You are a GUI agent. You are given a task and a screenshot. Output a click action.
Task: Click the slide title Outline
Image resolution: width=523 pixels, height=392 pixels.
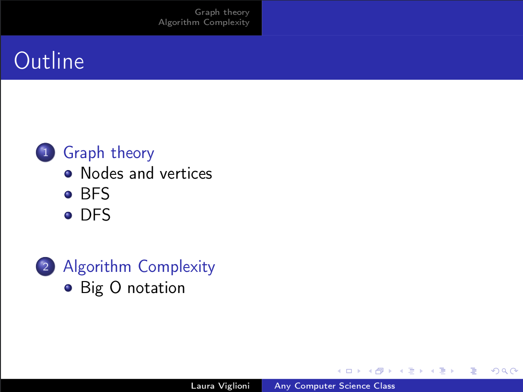[x=49, y=61]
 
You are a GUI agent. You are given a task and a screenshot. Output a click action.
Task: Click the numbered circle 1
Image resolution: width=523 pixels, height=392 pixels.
[x=46, y=152]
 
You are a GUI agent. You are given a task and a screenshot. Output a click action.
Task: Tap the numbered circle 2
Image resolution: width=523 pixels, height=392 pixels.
[x=46, y=266]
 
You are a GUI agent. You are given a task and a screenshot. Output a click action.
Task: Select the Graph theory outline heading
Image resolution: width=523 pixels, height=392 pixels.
[x=109, y=153]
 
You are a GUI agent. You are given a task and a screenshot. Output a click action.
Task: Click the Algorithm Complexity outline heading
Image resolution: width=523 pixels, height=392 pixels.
[x=139, y=267]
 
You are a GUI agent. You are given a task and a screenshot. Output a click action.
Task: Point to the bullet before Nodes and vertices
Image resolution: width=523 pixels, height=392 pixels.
[x=68, y=173]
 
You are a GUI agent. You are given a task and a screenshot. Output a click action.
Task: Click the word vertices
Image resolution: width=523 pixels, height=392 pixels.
[x=186, y=173]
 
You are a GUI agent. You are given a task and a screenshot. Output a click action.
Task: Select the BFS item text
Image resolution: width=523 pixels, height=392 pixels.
[x=95, y=194]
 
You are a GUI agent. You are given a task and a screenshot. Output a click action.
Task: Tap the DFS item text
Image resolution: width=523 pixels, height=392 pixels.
[x=95, y=215]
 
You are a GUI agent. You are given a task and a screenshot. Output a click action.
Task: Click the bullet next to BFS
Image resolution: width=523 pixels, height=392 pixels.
[x=68, y=194]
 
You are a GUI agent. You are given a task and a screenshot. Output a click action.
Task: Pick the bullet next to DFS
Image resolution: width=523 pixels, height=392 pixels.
[x=68, y=215]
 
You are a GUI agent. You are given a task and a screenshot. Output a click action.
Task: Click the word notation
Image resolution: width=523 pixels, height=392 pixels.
[x=156, y=288]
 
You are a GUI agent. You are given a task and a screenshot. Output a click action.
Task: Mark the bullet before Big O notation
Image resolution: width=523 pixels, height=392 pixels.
[x=68, y=288]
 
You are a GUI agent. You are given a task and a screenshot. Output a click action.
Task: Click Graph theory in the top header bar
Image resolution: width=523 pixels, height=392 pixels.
[x=222, y=12]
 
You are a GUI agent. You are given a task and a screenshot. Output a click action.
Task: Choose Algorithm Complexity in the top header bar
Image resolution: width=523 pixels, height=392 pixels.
[x=204, y=23]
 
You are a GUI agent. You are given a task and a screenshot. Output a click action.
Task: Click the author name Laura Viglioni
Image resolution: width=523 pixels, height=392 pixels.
[x=220, y=386]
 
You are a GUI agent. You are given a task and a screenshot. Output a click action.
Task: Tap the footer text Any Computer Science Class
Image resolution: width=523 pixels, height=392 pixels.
[x=335, y=386]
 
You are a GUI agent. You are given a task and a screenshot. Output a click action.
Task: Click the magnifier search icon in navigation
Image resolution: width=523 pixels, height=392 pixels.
[x=505, y=371]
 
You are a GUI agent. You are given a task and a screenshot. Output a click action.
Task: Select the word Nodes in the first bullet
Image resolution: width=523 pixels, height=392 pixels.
[x=102, y=173]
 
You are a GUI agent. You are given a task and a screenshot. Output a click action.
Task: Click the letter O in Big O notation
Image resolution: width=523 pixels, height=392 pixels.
[x=116, y=288]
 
